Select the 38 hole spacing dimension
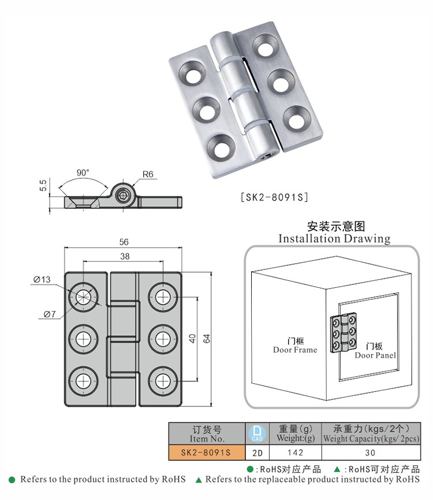pyautogui.click(x=124, y=256)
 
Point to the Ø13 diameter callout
pyautogui.click(x=42, y=280)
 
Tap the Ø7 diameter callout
pyautogui.click(x=49, y=314)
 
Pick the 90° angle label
pyautogui.click(x=83, y=172)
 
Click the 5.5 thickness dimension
pyautogui.click(x=43, y=186)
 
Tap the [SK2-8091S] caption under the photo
pyautogui.click(x=274, y=197)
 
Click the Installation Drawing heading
pyautogui.click(x=334, y=238)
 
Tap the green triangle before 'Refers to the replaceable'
pyautogui.click(x=199, y=480)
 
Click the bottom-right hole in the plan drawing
pyautogui.click(x=163, y=380)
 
